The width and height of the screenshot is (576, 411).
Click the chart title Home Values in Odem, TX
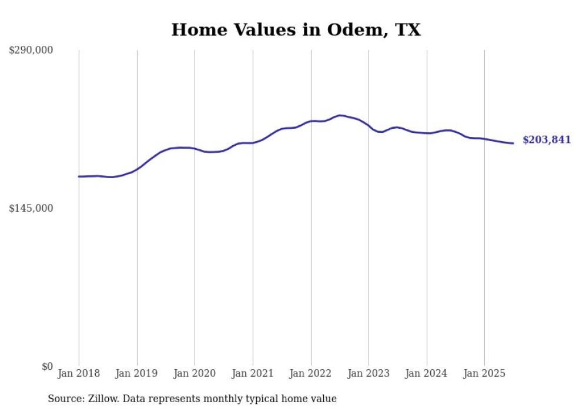point(296,30)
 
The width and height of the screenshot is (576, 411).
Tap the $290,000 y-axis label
point(31,51)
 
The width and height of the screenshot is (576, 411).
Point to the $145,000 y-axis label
point(31,208)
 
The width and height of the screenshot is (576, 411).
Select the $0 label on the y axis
point(47,366)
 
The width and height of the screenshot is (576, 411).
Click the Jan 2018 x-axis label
point(79,373)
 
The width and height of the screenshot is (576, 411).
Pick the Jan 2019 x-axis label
point(137,373)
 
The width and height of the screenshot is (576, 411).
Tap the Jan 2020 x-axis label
point(195,373)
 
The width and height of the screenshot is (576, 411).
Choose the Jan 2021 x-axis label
point(253,373)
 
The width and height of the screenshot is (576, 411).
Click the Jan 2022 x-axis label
point(311,373)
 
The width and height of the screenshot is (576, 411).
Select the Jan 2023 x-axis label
point(369,373)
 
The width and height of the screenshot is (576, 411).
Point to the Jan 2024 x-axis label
point(427,373)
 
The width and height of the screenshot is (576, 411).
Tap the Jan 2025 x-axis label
point(484,373)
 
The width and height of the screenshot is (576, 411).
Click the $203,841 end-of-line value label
point(546,140)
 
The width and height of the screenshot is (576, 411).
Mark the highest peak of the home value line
point(340,115)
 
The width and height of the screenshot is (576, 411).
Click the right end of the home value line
point(513,143)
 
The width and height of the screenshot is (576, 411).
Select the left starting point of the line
point(79,176)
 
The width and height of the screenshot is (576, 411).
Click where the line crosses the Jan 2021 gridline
point(253,143)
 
